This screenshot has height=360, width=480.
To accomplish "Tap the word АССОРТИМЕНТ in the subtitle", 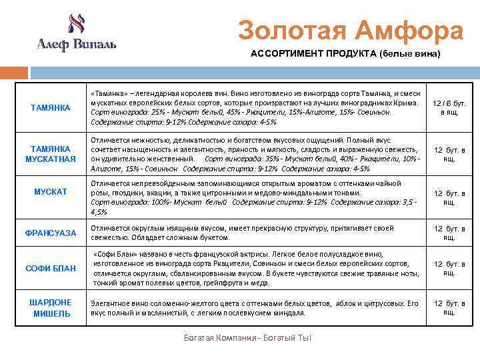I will point(287,54).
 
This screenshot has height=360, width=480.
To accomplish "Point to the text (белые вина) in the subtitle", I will point(409,54).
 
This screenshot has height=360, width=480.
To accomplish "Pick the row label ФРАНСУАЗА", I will point(51,233).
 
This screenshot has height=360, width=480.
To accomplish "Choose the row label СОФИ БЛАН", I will point(50,269).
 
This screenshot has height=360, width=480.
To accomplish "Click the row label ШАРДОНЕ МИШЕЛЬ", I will point(50,308).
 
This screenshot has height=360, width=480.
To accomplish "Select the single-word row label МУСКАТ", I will point(51,192).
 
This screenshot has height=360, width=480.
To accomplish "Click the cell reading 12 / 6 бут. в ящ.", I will point(449,108).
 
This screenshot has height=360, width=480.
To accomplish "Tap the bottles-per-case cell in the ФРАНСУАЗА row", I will point(449,233).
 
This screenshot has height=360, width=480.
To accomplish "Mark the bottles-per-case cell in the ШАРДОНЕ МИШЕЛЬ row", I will point(449,308).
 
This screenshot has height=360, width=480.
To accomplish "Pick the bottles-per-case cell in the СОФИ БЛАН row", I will point(449,269).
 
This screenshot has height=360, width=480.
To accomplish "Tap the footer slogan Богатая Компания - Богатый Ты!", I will point(247,338).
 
